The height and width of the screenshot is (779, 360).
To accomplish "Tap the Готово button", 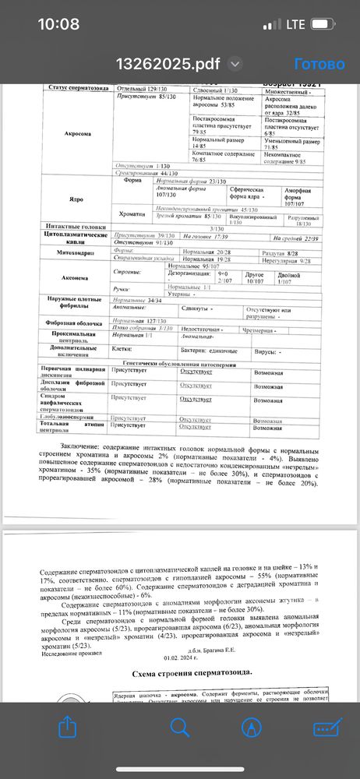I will click(319, 64).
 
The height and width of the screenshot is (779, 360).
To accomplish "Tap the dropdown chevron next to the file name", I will click(234, 64).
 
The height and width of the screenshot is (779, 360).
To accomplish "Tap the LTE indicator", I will click(295, 24).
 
